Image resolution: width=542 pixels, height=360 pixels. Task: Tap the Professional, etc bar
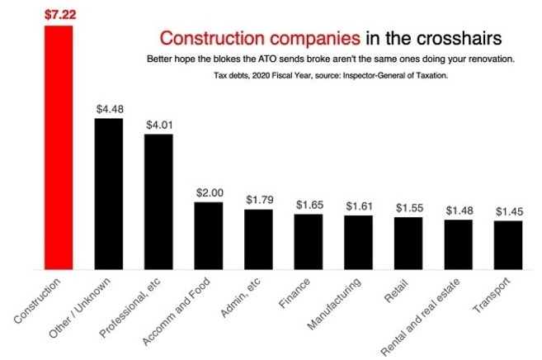pyautogui.click(x=158, y=201)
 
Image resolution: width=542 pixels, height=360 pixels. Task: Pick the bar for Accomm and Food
pyautogui.click(x=208, y=235)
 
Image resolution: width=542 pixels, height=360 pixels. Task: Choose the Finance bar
pyautogui.click(x=309, y=241)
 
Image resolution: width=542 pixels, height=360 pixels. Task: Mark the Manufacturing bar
pyautogui.click(x=359, y=242)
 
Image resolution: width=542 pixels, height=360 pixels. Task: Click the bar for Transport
pyautogui.click(x=508, y=244)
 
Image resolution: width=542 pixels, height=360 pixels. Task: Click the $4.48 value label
pyautogui.click(x=109, y=108)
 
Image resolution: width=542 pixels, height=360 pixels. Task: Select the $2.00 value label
pyautogui.click(x=209, y=192)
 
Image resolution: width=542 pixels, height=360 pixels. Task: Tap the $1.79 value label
pyautogui.click(x=258, y=199)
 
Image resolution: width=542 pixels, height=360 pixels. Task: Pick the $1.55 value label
pyautogui.click(x=408, y=206)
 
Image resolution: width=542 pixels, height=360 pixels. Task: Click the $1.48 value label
pyautogui.click(x=459, y=210)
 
